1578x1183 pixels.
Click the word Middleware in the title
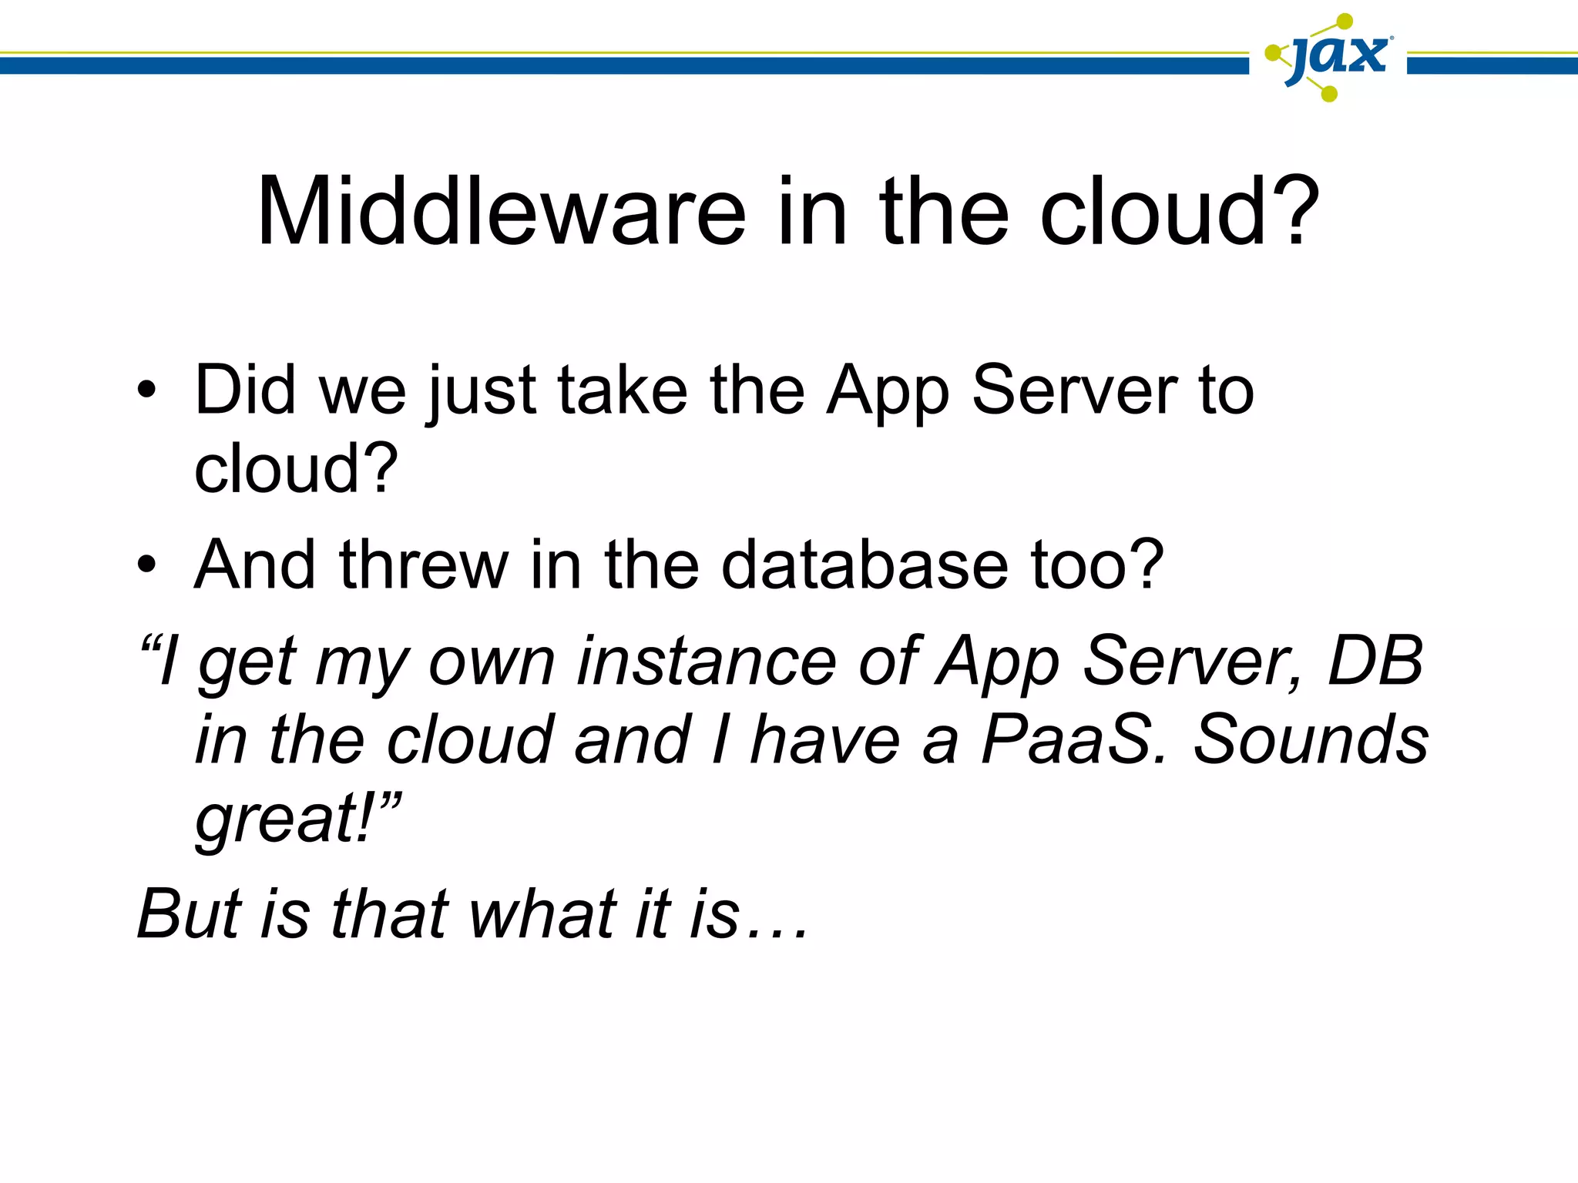(x=501, y=212)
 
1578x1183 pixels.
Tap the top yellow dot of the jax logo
(x=1345, y=21)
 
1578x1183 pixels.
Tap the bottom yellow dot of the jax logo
(x=1328, y=94)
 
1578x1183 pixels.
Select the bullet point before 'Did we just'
(x=146, y=391)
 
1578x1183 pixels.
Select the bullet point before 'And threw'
(x=146, y=566)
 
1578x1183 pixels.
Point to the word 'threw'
(x=424, y=566)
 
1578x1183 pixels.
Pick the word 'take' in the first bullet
(x=622, y=391)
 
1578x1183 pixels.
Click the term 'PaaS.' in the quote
(x=1075, y=739)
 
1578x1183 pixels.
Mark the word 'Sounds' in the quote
(x=1310, y=739)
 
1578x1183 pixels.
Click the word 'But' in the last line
(x=190, y=914)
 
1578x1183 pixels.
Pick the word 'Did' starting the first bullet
(x=245, y=391)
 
